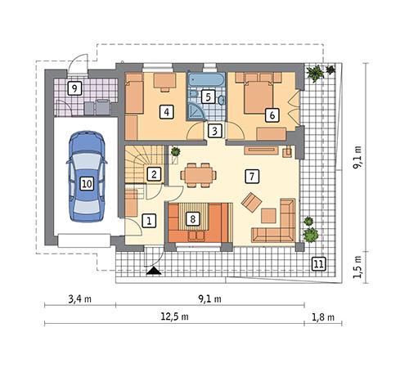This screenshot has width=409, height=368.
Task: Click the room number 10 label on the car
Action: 87,184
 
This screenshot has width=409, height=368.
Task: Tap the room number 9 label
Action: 74,88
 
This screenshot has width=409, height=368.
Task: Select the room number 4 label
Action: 166,111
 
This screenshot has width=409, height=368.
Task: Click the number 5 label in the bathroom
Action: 208,96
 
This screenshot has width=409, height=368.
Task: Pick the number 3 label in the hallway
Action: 213,130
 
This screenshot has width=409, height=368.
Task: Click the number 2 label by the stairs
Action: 153,173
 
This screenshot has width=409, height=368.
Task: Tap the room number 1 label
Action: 148,220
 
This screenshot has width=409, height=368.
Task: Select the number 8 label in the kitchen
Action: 193,218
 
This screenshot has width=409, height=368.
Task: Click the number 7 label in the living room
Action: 252,175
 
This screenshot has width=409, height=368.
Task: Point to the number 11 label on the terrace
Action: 318,263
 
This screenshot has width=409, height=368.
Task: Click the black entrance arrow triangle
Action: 152,271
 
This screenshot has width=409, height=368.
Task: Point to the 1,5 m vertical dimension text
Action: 357,264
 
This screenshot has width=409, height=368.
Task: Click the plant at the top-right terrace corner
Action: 314,74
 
